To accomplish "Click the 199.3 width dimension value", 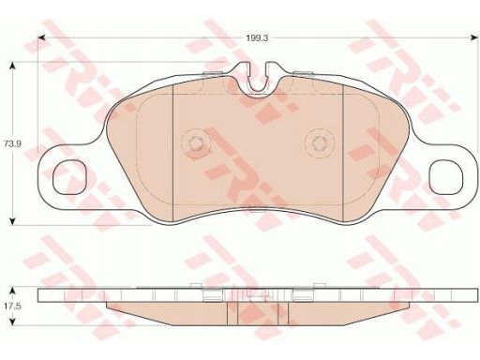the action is tap(257, 38).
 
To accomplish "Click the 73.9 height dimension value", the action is tap(12, 144).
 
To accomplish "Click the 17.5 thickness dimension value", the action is tap(12, 307).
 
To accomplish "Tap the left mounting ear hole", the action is tap(70, 177).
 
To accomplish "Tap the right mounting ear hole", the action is tap(445, 177).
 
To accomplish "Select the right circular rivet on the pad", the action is tap(320, 143).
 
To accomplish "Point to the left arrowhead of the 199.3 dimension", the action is tap(41, 37).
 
